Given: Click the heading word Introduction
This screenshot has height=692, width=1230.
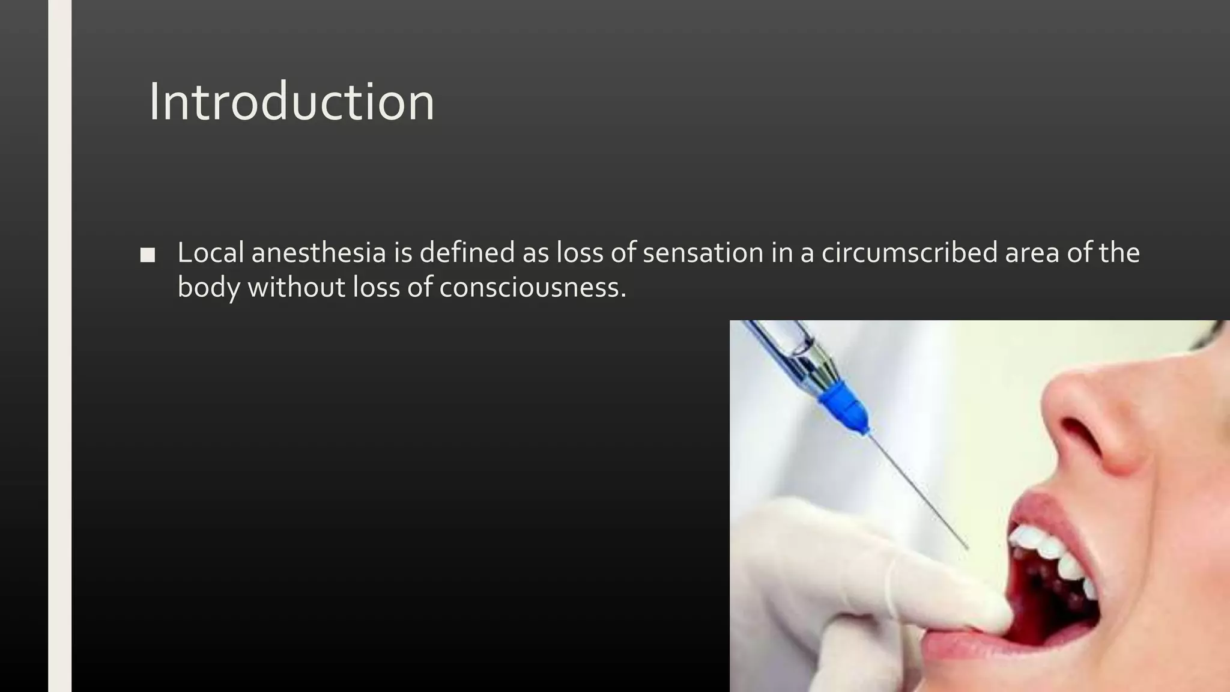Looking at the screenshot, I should pos(291,102).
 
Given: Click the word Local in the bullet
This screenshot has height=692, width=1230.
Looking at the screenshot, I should pos(210,253).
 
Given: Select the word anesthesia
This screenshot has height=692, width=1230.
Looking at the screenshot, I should pos(318,253).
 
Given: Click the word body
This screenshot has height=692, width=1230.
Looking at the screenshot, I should pos(208,287).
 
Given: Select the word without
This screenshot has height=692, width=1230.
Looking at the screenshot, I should pos(296,287).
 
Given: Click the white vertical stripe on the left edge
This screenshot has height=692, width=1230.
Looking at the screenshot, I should pos(59,346).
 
